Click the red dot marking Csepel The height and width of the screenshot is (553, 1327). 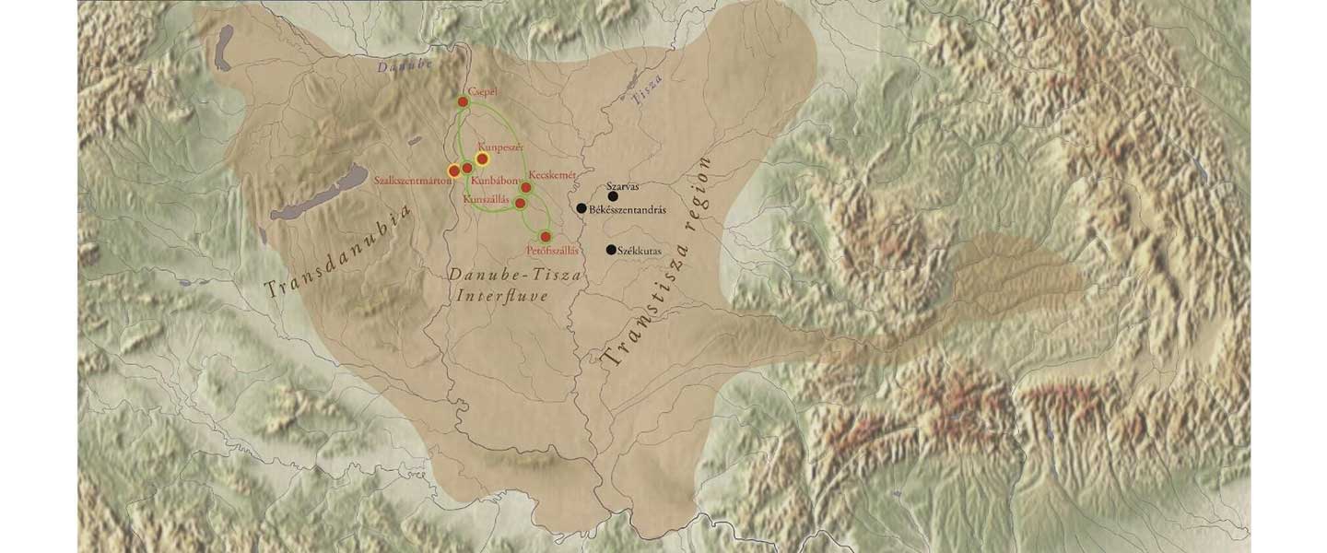[x=464, y=102]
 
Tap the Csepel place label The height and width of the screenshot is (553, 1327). [x=484, y=90]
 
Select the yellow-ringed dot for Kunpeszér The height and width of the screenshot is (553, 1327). [x=482, y=159]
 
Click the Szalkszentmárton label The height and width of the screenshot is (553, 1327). [x=413, y=181]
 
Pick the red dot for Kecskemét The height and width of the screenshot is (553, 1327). [x=526, y=188]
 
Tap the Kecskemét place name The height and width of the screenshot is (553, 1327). [x=552, y=175]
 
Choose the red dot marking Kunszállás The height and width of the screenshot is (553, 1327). [x=520, y=203]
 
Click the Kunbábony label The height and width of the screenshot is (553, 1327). [x=495, y=182]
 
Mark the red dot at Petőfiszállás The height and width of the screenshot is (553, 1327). [x=546, y=237]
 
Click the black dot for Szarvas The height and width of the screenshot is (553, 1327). [x=613, y=196]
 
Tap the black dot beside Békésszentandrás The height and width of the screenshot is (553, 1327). [x=581, y=208]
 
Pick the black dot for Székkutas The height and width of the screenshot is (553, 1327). [x=611, y=250]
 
